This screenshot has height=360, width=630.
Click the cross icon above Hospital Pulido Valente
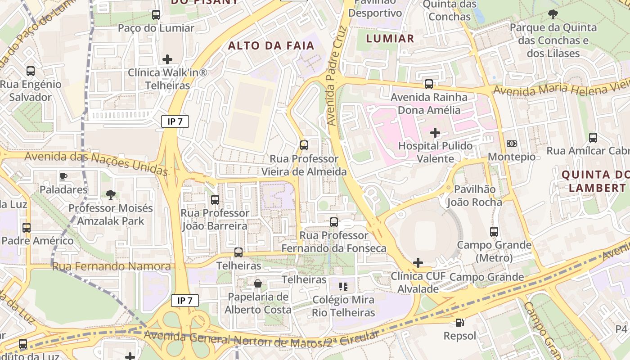coord(435,133)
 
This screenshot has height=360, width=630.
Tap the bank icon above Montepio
coord(512,144)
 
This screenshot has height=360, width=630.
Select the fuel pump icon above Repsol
coord(459,322)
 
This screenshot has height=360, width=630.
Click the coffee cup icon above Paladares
coord(63,176)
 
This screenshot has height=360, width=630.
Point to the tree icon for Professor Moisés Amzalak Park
coord(110,194)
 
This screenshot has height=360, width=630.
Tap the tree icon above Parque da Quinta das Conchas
coord(553,14)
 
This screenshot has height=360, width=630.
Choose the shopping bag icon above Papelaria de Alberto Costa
coord(258,283)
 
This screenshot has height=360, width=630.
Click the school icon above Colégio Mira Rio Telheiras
coord(344,286)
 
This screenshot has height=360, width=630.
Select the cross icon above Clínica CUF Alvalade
coord(418,263)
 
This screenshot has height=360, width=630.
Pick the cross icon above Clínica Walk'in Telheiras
coord(167,59)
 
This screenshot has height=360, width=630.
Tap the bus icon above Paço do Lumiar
coord(156,15)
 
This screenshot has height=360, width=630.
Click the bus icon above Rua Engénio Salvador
coord(31,71)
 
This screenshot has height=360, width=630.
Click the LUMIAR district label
coord(390,39)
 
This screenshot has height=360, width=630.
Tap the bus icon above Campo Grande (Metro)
coord(494,232)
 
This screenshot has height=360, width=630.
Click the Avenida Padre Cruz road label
coord(338,76)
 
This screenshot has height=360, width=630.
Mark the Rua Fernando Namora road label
coord(111,266)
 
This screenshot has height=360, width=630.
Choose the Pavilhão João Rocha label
coord(474,196)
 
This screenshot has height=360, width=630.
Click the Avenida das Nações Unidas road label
coord(96,163)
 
